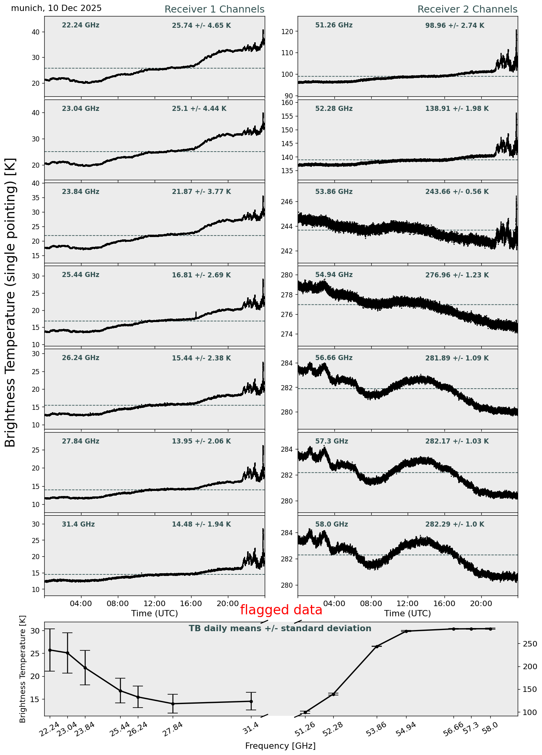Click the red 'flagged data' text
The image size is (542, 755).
point(281,610)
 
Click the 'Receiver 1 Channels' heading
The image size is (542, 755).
point(214,9)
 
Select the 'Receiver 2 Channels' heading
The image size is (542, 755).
point(467,9)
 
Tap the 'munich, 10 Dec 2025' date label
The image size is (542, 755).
point(56,8)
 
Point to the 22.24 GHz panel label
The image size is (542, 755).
point(81,25)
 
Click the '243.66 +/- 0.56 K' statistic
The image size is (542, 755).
point(457,192)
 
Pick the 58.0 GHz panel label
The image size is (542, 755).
point(331,524)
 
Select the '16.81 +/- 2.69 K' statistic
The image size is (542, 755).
point(201,275)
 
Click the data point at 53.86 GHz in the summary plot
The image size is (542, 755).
point(377,646)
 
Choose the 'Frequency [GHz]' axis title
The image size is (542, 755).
point(280,746)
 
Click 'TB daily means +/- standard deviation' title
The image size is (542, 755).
point(280,629)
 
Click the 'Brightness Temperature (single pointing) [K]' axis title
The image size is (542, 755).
point(11,302)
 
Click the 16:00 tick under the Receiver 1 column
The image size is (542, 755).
point(191,603)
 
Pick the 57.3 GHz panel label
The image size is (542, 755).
point(331,441)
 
